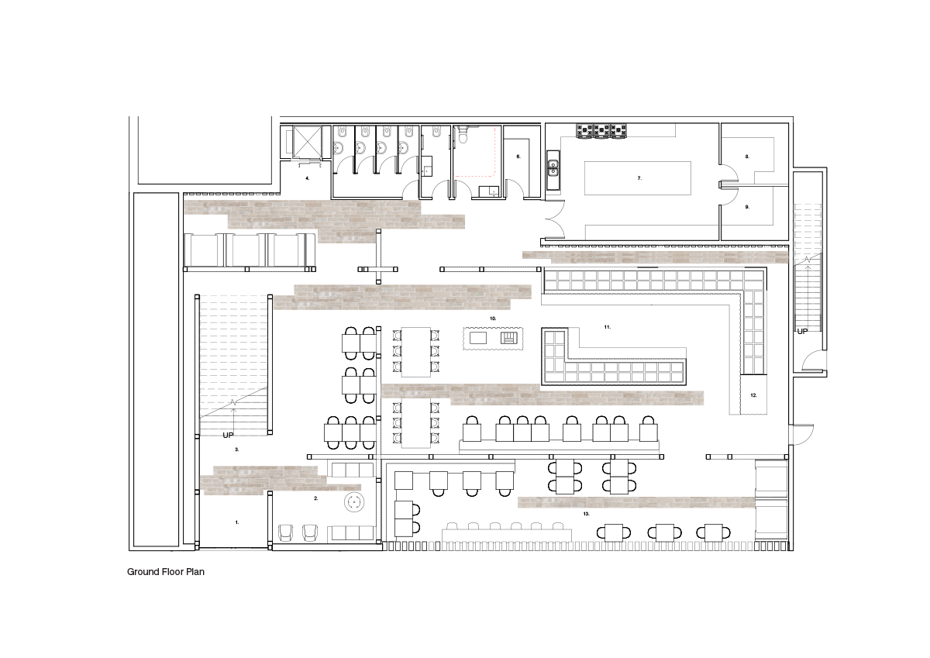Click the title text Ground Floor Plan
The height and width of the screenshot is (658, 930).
pyautogui.click(x=166, y=572)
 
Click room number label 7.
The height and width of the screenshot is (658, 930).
pyautogui.click(x=639, y=178)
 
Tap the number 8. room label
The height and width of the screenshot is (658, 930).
pyautogui.click(x=747, y=157)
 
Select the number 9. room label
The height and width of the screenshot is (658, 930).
pyautogui.click(x=747, y=207)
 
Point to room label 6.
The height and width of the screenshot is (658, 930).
pyautogui.click(x=518, y=157)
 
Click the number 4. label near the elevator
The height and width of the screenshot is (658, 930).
pyautogui.click(x=307, y=178)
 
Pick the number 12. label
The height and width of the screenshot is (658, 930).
pyautogui.click(x=754, y=395)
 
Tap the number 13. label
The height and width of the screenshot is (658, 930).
pyautogui.click(x=586, y=514)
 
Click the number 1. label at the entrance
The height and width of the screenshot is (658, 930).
pyautogui.click(x=237, y=522)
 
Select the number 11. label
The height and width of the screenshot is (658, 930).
pyautogui.click(x=608, y=327)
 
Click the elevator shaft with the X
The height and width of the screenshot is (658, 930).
pyautogui.click(x=307, y=142)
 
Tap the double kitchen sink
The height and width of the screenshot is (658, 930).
pyautogui.click(x=553, y=170)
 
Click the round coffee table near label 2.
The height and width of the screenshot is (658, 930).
pyautogui.click(x=354, y=503)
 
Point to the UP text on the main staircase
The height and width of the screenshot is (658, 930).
pyautogui.click(x=228, y=435)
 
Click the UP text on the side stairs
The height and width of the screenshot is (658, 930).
pyautogui.click(x=803, y=331)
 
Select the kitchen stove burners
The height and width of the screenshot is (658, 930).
pyautogui.click(x=601, y=130)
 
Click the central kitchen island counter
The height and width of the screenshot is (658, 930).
pyautogui.click(x=638, y=178)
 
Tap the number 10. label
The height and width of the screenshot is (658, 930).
pyautogui.click(x=493, y=319)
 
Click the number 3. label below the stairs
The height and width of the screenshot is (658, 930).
pyautogui.click(x=237, y=450)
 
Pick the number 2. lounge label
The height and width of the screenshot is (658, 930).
pyautogui.click(x=316, y=498)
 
